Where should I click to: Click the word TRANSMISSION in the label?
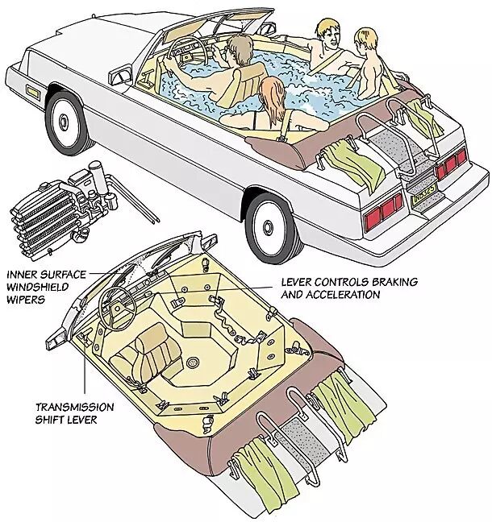coord(75,407)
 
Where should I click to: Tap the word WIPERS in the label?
coord(26,300)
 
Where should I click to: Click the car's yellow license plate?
coord(424,193)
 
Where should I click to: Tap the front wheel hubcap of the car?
coord(64,122)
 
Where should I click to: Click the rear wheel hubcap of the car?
coord(268,228)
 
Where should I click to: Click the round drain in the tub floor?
coord(192,362)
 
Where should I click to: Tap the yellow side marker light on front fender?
coord(33,92)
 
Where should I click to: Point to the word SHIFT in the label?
coord(50,420)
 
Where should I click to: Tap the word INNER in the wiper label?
coord(22,275)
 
